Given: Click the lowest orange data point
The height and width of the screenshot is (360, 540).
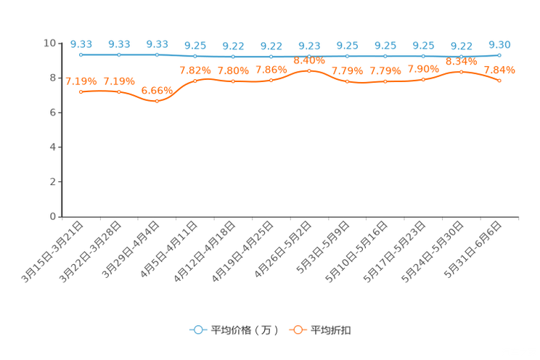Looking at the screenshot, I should [157, 101].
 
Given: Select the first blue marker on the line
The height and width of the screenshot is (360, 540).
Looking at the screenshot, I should [81, 54].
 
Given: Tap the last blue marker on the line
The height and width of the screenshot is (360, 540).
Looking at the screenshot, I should [499, 54].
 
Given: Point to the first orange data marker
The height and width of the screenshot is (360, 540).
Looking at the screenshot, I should [81, 92].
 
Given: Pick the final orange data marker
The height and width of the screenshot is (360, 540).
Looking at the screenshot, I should [499, 81].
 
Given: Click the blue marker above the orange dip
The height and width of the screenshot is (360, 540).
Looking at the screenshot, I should [157, 54].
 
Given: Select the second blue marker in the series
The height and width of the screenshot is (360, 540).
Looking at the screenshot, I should [119, 54].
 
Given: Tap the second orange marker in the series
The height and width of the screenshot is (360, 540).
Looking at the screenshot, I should [119, 92].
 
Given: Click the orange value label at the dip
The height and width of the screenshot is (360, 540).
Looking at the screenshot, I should [157, 91].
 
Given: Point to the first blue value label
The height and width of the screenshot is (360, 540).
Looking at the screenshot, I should [81, 44].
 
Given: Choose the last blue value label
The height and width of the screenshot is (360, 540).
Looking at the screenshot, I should [499, 45].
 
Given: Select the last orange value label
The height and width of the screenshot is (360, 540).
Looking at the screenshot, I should [499, 70].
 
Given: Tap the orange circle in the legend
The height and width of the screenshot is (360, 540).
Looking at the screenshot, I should [298, 330].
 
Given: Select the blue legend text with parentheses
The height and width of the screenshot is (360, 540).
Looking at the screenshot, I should [244, 330].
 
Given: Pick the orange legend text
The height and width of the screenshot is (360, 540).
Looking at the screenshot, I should [332, 330].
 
